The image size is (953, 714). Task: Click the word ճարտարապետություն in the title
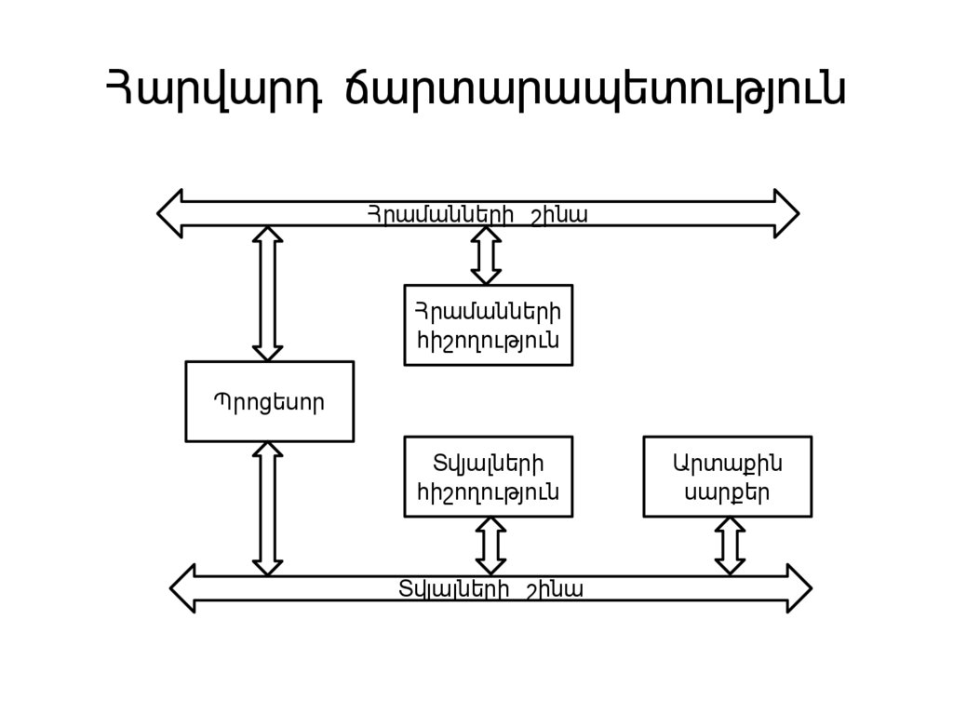[595, 91]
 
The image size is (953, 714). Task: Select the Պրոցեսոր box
[269, 401]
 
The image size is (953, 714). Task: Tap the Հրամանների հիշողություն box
[488, 325]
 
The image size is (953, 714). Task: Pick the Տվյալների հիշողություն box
[488, 477]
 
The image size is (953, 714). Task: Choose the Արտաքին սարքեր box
[727, 477]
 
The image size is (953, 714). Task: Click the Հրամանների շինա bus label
[476, 215]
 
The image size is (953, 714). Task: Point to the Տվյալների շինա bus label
[490, 589]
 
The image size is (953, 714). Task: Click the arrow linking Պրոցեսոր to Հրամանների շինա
[268, 293]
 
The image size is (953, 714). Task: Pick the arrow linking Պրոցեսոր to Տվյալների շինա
[268, 508]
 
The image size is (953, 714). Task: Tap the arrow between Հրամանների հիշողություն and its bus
[486, 255]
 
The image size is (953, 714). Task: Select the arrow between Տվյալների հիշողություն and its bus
[490, 546]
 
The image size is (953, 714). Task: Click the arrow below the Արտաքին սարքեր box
[730, 546]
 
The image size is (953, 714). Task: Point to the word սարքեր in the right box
[727, 493]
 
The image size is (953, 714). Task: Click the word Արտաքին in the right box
[727, 462]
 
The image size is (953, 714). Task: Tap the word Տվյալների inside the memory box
[488, 462]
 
